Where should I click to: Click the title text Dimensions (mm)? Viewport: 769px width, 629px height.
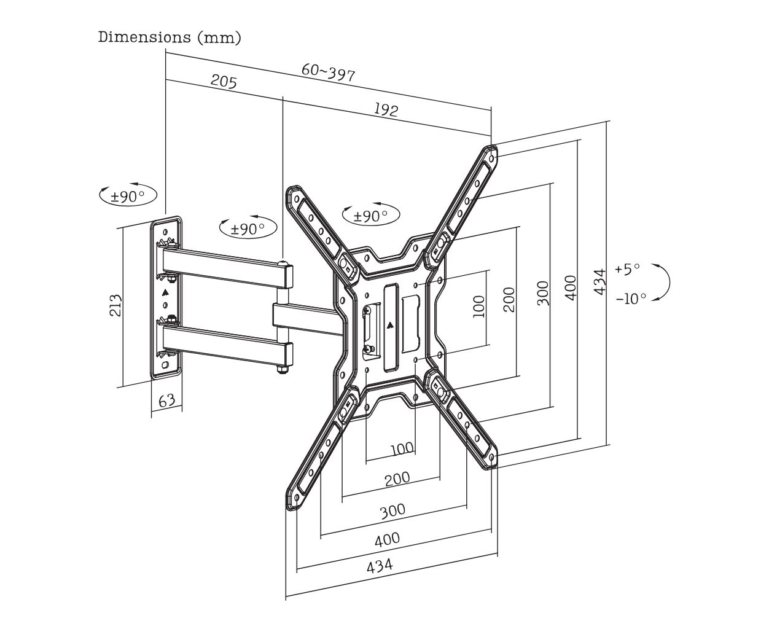[x=170, y=37]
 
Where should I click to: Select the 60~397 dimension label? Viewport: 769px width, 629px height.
[x=328, y=72]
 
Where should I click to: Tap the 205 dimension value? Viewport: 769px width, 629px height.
[x=224, y=81]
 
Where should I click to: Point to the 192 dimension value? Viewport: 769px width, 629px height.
[x=386, y=109]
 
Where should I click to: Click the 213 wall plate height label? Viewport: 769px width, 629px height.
[x=115, y=305]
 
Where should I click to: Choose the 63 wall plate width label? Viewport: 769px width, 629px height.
[x=167, y=400]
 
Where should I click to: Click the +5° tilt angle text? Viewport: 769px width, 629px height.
[x=627, y=269]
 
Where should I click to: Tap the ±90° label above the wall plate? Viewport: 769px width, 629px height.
[x=128, y=197]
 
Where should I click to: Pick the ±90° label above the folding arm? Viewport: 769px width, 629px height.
[x=248, y=229]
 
